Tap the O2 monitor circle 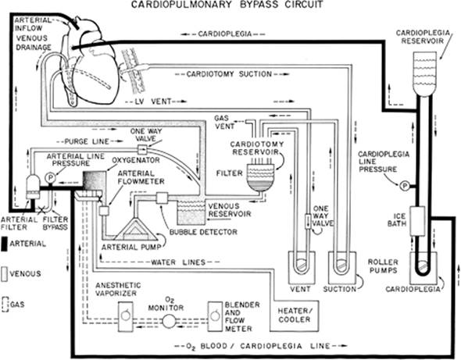[x=169, y=321]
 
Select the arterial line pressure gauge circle [x=51, y=177]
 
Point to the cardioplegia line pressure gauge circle [x=405, y=186]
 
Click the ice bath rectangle [x=417, y=221]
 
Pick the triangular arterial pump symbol [x=135, y=230]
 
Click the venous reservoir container [x=191, y=212]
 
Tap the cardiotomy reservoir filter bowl [x=260, y=177]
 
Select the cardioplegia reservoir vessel [x=424, y=73]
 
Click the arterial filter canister [x=33, y=187]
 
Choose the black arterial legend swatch [x=4, y=244]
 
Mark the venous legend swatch [x=4, y=274]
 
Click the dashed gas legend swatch [x=5, y=305]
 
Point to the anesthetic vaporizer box [x=126, y=316]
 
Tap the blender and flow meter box [x=215, y=316]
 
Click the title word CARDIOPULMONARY [x=182, y=5]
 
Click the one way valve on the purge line [x=142, y=149]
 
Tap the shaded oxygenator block [x=94, y=181]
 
